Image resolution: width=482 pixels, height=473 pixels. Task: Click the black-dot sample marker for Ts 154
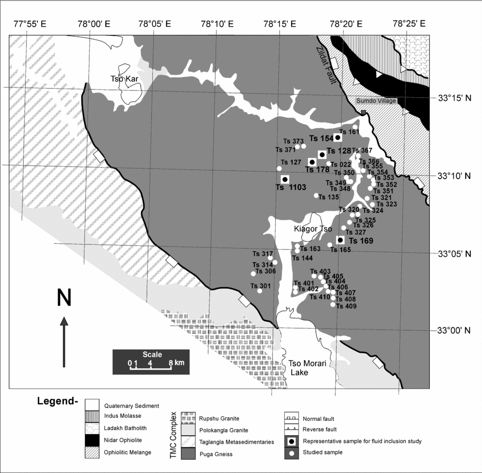(x=338, y=137)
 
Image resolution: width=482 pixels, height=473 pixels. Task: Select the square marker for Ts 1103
(x=285, y=179)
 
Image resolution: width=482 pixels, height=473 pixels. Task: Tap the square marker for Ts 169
(x=340, y=240)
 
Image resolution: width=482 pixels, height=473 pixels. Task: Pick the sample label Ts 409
(x=347, y=306)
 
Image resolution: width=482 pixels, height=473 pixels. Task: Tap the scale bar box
(x=151, y=362)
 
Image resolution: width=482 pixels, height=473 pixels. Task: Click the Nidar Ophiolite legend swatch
(x=92, y=439)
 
